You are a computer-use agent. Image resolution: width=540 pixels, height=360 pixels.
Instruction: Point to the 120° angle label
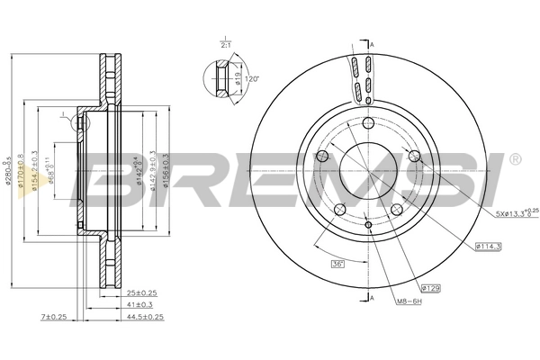click(x=252, y=79)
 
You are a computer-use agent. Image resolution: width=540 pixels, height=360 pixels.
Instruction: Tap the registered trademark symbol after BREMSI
click(x=514, y=159)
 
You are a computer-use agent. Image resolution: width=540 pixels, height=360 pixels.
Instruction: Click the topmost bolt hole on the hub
click(x=369, y=126)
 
